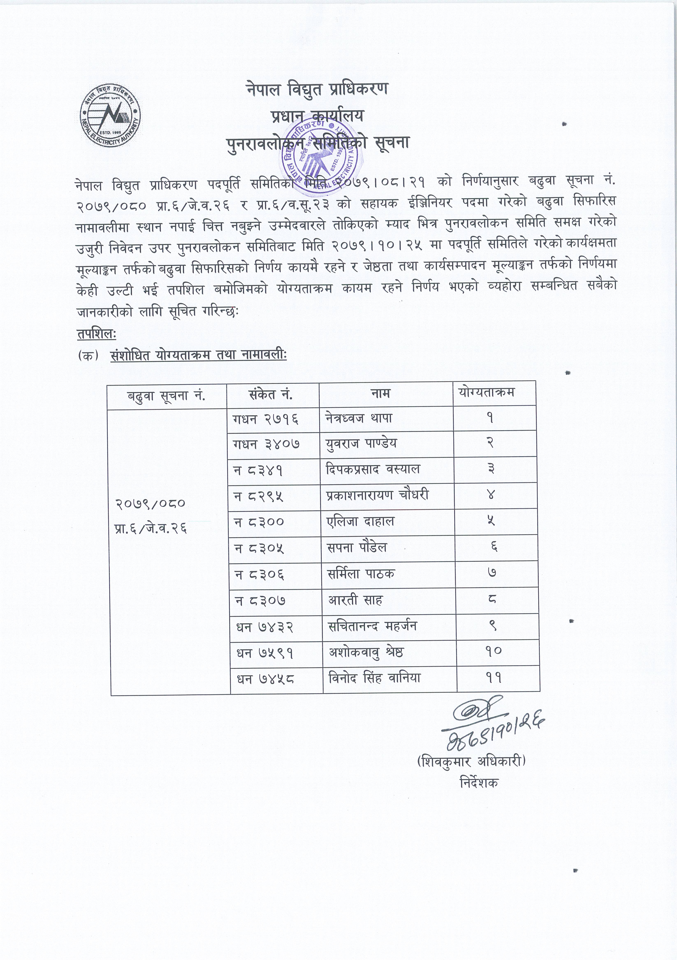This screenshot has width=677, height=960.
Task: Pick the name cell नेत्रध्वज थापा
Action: click(359, 418)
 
